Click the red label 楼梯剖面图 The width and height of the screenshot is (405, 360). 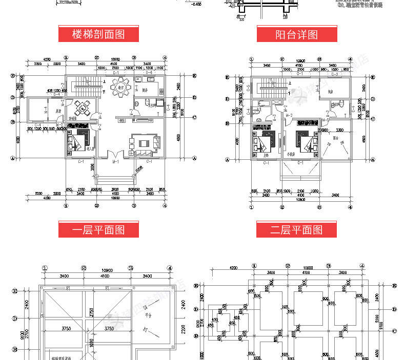click(98, 34)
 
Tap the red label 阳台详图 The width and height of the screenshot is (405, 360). click(296, 34)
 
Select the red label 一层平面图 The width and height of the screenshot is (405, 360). click(98, 229)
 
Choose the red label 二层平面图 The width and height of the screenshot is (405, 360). click(296, 229)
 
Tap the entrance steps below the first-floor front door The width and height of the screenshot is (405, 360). click(115, 177)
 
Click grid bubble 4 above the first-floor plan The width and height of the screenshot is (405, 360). click(165, 58)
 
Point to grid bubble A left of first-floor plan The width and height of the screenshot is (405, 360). click(12, 158)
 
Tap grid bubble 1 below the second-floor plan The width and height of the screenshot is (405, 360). click(252, 207)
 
